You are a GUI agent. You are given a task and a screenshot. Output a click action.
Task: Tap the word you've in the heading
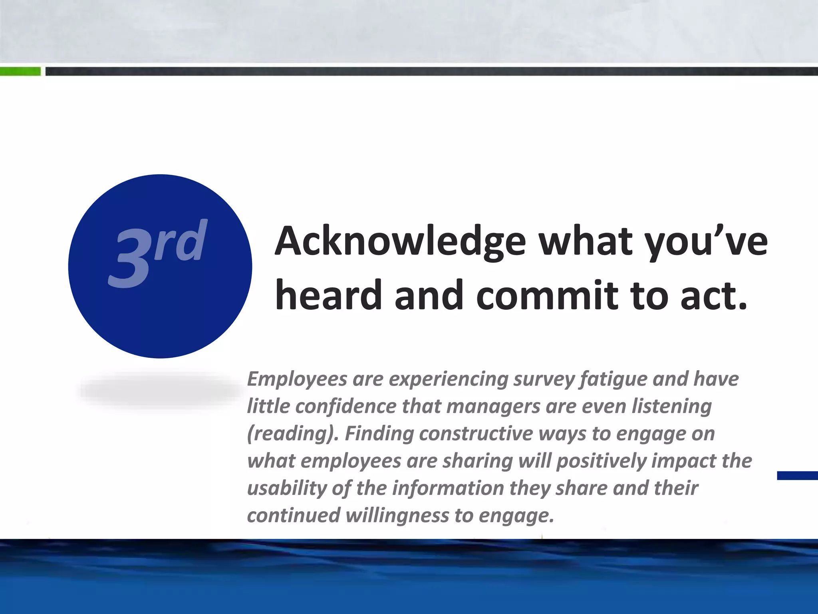coord(707,242)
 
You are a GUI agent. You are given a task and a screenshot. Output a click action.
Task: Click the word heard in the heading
coord(328,296)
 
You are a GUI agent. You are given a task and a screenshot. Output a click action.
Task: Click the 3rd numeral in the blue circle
coord(157,253)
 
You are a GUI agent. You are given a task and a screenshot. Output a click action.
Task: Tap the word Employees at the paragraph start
coord(297,379)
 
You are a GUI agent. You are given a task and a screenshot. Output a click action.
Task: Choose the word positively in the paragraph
coord(601,461)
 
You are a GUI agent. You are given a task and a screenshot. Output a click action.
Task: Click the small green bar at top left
coord(20,72)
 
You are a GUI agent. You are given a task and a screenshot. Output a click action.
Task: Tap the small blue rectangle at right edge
coord(797,475)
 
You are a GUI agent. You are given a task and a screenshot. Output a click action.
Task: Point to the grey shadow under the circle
coord(160,390)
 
